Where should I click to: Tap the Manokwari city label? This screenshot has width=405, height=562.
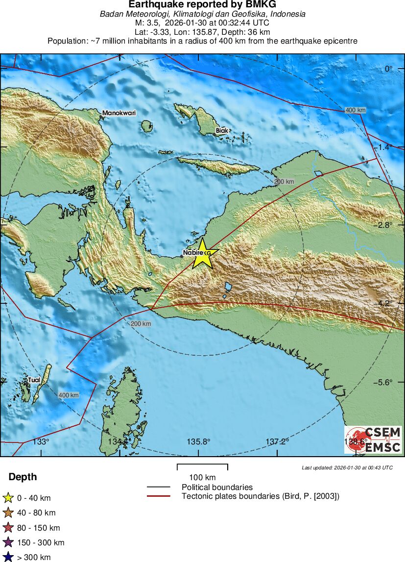click(x=119, y=113)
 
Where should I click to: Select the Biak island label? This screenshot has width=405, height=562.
click(x=222, y=131)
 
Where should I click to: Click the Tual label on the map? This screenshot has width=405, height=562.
click(x=34, y=379)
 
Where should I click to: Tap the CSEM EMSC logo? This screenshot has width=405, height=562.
click(x=373, y=440)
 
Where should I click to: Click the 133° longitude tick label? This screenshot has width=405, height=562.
click(x=41, y=441)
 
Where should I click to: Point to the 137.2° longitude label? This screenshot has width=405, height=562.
click(x=278, y=441)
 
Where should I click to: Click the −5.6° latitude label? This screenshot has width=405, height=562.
click(x=382, y=382)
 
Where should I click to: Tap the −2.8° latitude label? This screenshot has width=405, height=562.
click(x=382, y=225)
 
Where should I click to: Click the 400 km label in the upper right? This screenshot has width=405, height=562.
click(x=355, y=110)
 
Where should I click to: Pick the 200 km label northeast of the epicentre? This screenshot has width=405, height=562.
click(x=284, y=182)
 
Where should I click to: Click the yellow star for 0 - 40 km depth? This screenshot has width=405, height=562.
click(x=8, y=498)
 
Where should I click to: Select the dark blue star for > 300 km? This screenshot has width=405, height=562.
click(x=8, y=557)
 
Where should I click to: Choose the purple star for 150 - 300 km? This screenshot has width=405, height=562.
click(x=8, y=542)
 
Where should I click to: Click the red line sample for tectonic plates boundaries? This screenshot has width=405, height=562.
click(x=158, y=496)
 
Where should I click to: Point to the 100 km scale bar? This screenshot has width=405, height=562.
click(x=202, y=467)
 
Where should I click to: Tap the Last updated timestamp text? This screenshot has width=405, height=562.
click(x=347, y=467)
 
